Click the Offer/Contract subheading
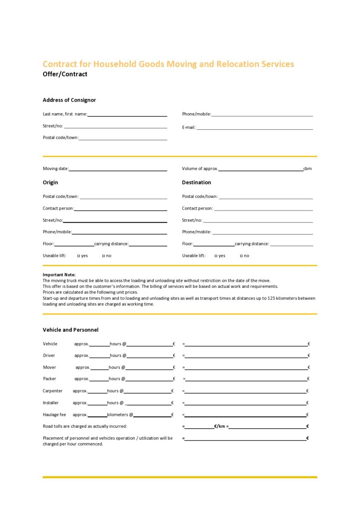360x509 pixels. coord(65,74)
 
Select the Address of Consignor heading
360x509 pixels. coord(69,100)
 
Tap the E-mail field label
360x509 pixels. coord(189,128)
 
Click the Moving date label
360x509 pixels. coord(56,169)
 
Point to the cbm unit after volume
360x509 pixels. coord(308,169)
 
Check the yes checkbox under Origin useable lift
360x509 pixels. coord(79,256)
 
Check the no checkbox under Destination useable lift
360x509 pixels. coord(242,256)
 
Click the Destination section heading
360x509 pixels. coord(196,182)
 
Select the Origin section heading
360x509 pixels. coord(50,182)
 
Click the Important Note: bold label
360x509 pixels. coord(59,275)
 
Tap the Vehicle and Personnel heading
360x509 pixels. coord(71,330)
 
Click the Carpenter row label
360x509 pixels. coord(53,391)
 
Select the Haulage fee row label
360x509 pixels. coord(54,415)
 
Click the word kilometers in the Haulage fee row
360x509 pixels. coord(118,415)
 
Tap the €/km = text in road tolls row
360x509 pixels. coord(221,427)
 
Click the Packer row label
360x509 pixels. coord(50,379)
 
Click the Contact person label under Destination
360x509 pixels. coord(197,209)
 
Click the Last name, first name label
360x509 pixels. coord(65,114)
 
